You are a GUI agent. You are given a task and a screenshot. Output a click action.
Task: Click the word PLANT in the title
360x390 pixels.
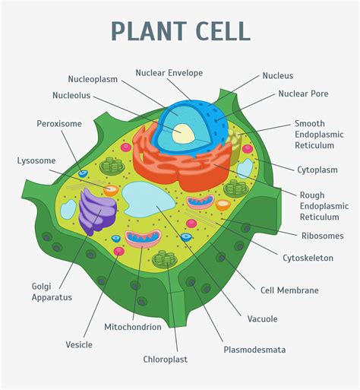(x=149, y=31)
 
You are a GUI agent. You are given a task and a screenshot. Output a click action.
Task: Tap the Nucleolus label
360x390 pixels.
(x=71, y=95)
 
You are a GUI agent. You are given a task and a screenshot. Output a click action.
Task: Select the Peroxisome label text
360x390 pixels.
(x=59, y=124)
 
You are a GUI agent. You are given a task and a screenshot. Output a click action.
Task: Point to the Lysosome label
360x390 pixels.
(x=36, y=160)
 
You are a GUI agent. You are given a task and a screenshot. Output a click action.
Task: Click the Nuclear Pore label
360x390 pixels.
(x=303, y=94)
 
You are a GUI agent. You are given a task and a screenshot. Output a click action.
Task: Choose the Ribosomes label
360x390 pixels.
(x=323, y=236)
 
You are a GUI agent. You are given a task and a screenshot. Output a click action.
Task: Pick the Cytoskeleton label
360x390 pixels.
(x=308, y=258)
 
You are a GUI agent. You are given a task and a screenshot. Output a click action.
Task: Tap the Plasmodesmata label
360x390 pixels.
(x=254, y=350)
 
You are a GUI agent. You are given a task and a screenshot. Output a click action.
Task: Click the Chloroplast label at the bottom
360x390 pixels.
(x=166, y=360)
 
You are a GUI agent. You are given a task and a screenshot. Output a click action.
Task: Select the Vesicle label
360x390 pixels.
(x=79, y=344)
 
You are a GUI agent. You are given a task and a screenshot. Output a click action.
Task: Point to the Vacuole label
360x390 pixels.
(x=262, y=319)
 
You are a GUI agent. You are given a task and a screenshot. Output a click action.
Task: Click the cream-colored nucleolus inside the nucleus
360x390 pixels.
(x=183, y=133)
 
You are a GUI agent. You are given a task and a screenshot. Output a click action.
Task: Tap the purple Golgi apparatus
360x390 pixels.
(x=97, y=211)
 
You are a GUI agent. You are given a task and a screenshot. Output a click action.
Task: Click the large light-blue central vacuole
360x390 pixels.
(x=147, y=199)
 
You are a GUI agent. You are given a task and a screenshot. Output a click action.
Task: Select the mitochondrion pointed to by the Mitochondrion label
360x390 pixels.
(x=143, y=239)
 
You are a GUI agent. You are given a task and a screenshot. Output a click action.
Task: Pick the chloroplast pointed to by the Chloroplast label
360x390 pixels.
(x=165, y=258)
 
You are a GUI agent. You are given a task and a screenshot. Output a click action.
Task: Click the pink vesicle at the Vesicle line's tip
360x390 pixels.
(x=118, y=251)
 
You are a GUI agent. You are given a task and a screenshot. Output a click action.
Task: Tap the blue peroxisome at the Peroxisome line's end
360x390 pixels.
(x=83, y=173)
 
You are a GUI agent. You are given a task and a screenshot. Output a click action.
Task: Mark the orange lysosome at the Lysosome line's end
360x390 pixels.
(x=111, y=190)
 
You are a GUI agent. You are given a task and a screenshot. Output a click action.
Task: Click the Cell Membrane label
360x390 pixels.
(x=289, y=290)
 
